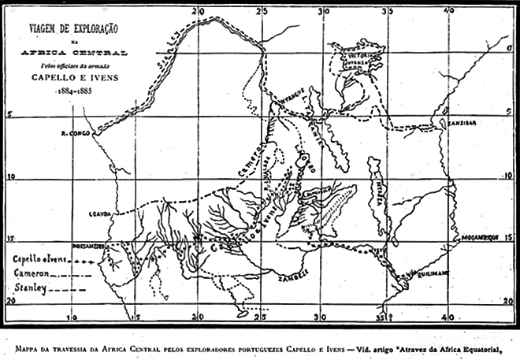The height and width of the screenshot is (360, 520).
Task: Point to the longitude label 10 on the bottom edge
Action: pyautogui.click(x=72, y=318)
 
